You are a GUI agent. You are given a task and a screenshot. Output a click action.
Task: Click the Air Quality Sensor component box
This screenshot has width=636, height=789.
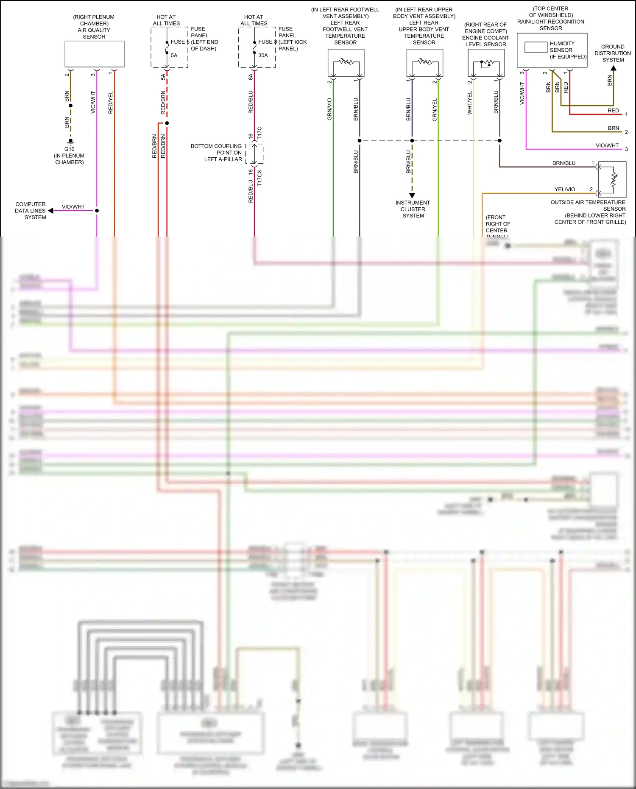94,54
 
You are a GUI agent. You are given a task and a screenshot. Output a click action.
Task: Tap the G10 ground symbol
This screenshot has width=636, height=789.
70,142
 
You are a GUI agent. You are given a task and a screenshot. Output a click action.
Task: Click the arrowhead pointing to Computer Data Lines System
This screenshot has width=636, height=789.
51,211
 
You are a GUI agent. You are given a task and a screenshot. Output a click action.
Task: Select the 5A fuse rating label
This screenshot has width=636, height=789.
174,56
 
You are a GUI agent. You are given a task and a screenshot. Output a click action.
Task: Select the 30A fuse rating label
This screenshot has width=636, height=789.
263,56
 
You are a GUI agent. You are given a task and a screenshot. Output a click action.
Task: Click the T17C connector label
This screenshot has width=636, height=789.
259,133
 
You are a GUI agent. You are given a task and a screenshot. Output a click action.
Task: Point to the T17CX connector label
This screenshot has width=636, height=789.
259,178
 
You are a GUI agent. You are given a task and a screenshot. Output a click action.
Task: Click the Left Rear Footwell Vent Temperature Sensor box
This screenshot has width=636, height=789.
346,63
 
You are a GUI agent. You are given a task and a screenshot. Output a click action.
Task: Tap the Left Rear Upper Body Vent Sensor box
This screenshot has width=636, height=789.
424,63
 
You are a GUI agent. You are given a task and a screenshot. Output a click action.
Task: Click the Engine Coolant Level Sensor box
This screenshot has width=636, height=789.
486,63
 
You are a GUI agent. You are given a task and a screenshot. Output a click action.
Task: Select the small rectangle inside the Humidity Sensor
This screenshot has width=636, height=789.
536,47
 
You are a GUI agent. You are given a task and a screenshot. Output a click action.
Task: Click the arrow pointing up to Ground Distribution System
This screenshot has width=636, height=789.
613,68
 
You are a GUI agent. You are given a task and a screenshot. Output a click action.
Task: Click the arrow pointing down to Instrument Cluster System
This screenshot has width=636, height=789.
412,195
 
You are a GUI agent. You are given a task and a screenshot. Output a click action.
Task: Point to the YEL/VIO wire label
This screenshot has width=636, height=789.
565,190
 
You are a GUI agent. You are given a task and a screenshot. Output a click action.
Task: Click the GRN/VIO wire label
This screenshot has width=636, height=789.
329,109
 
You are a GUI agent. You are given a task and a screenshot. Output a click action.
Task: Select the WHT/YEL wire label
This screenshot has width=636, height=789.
469,103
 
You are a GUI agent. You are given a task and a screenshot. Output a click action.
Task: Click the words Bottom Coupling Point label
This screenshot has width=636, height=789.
216,146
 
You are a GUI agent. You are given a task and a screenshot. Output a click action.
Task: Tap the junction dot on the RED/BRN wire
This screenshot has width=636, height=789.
167,123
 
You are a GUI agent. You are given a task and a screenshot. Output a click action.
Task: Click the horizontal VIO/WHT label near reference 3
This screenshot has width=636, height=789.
607,145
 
